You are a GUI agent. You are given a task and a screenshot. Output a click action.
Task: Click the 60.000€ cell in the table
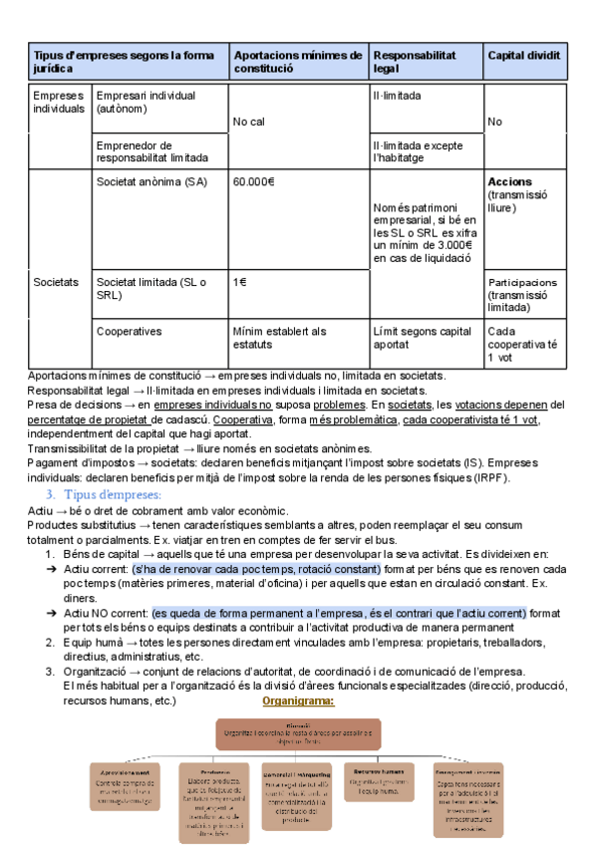tap(254, 182)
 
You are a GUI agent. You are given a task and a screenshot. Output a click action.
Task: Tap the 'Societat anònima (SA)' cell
tap(152, 182)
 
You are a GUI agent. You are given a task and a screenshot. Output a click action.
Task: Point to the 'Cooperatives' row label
tap(129, 331)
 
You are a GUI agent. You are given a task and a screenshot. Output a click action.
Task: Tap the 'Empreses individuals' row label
tap(59, 102)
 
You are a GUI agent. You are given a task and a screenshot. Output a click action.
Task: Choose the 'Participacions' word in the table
tap(523, 282)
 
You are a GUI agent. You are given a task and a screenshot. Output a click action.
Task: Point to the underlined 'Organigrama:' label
tap(298, 701)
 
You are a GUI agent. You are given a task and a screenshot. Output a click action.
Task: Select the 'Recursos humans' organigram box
tap(378, 777)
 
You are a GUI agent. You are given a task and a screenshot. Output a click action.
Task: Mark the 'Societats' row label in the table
tap(56, 282)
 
